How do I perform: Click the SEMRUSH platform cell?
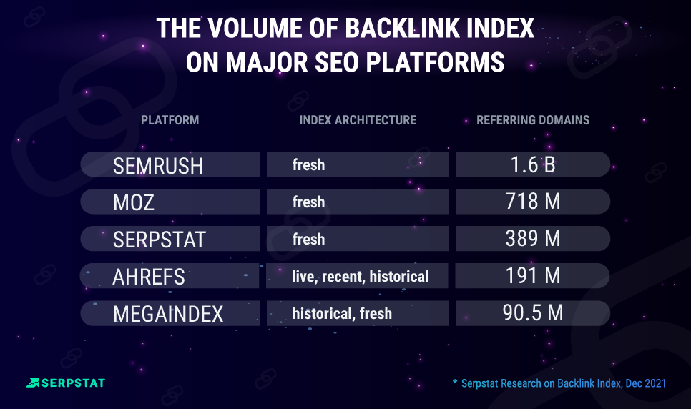point(158,166)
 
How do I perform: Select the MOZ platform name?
point(134,203)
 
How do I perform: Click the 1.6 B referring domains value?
point(532,165)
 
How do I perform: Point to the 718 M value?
point(532,202)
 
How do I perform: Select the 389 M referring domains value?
point(532,240)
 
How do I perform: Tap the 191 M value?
point(532,276)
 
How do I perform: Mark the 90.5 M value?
point(532,313)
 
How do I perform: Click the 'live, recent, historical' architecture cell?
point(360,276)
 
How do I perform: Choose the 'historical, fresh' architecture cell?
point(342,313)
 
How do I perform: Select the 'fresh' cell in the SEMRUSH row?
point(308,165)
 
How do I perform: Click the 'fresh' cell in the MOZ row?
point(308,202)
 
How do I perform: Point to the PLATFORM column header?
point(170,120)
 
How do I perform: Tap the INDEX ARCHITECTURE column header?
point(358,120)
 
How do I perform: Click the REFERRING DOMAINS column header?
point(533,120)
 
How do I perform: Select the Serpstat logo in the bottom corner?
point(65,383)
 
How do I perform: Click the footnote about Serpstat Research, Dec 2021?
point(559,383)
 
